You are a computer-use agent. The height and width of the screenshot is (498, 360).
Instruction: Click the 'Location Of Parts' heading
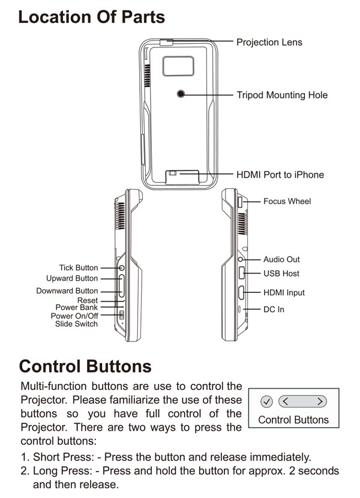[91, 17]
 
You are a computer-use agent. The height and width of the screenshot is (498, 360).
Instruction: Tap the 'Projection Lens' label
[269, 42]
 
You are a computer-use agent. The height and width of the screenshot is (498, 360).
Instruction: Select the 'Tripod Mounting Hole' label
[282, 95]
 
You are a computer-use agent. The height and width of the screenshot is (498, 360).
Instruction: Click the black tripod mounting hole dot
[182, 94]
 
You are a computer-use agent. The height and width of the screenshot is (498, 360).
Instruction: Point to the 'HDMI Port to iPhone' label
[280, 175]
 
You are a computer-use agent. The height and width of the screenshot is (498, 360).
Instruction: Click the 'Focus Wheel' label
[287, 201]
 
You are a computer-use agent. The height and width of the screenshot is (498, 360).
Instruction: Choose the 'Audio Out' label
[281, 259]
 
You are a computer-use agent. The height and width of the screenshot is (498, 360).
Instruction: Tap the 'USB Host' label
[281, 274]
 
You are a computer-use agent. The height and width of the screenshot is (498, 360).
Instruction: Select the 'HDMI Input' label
[284, 293]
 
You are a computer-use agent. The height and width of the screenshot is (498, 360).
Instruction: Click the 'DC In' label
[274, 310]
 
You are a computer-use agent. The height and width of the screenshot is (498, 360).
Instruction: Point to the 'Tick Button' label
[78, 268]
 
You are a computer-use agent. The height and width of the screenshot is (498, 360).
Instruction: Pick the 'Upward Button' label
[72, 278]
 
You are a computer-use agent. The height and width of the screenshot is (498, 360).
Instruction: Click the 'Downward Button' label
[67, 291]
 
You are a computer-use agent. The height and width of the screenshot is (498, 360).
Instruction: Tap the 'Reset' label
[87, 300]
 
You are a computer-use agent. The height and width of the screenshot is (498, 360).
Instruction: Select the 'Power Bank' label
[76, 307]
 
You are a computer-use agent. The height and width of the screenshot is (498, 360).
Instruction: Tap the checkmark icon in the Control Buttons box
[268, 401]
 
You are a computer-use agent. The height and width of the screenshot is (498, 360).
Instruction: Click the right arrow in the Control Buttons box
[320, 401]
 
